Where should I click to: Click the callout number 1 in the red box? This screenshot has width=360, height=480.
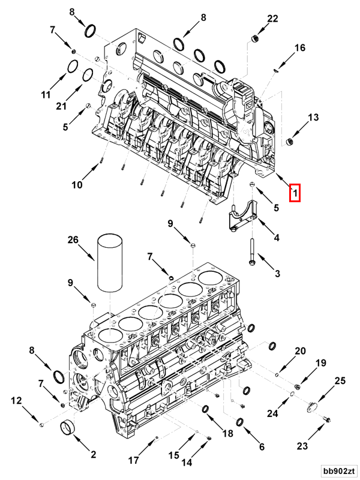click(x=294, y=193)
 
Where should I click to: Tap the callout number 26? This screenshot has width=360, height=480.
click(x=73, y=240)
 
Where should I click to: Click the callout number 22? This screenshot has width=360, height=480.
click(x=272, y=19)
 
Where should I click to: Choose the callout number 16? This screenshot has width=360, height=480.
click(x=299, y=47)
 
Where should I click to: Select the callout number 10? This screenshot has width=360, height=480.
click(x=77, y=185)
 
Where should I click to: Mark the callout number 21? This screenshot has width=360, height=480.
click(x=77, y=106)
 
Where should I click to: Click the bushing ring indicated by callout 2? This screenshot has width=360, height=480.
click(x=67, y=428)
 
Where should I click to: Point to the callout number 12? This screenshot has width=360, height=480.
click(x=16, y=400)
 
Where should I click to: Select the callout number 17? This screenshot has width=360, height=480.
click(x=133, y=461)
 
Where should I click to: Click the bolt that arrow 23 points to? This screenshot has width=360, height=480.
click(x=327, y=418)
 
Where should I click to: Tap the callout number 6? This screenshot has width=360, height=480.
click(x=262, y=446)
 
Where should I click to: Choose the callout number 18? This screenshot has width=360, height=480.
click(x=227, y=433)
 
